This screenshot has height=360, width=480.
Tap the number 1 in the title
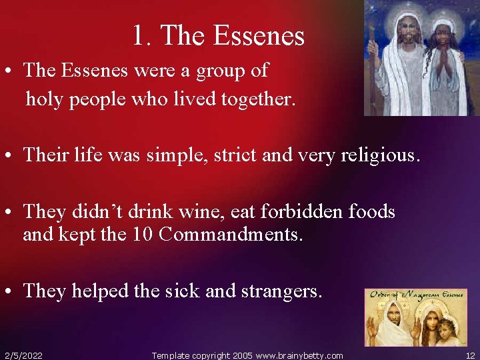coord(138,36)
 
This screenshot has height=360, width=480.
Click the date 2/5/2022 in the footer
coord(23,355)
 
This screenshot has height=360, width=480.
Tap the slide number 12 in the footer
coord(470,355)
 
